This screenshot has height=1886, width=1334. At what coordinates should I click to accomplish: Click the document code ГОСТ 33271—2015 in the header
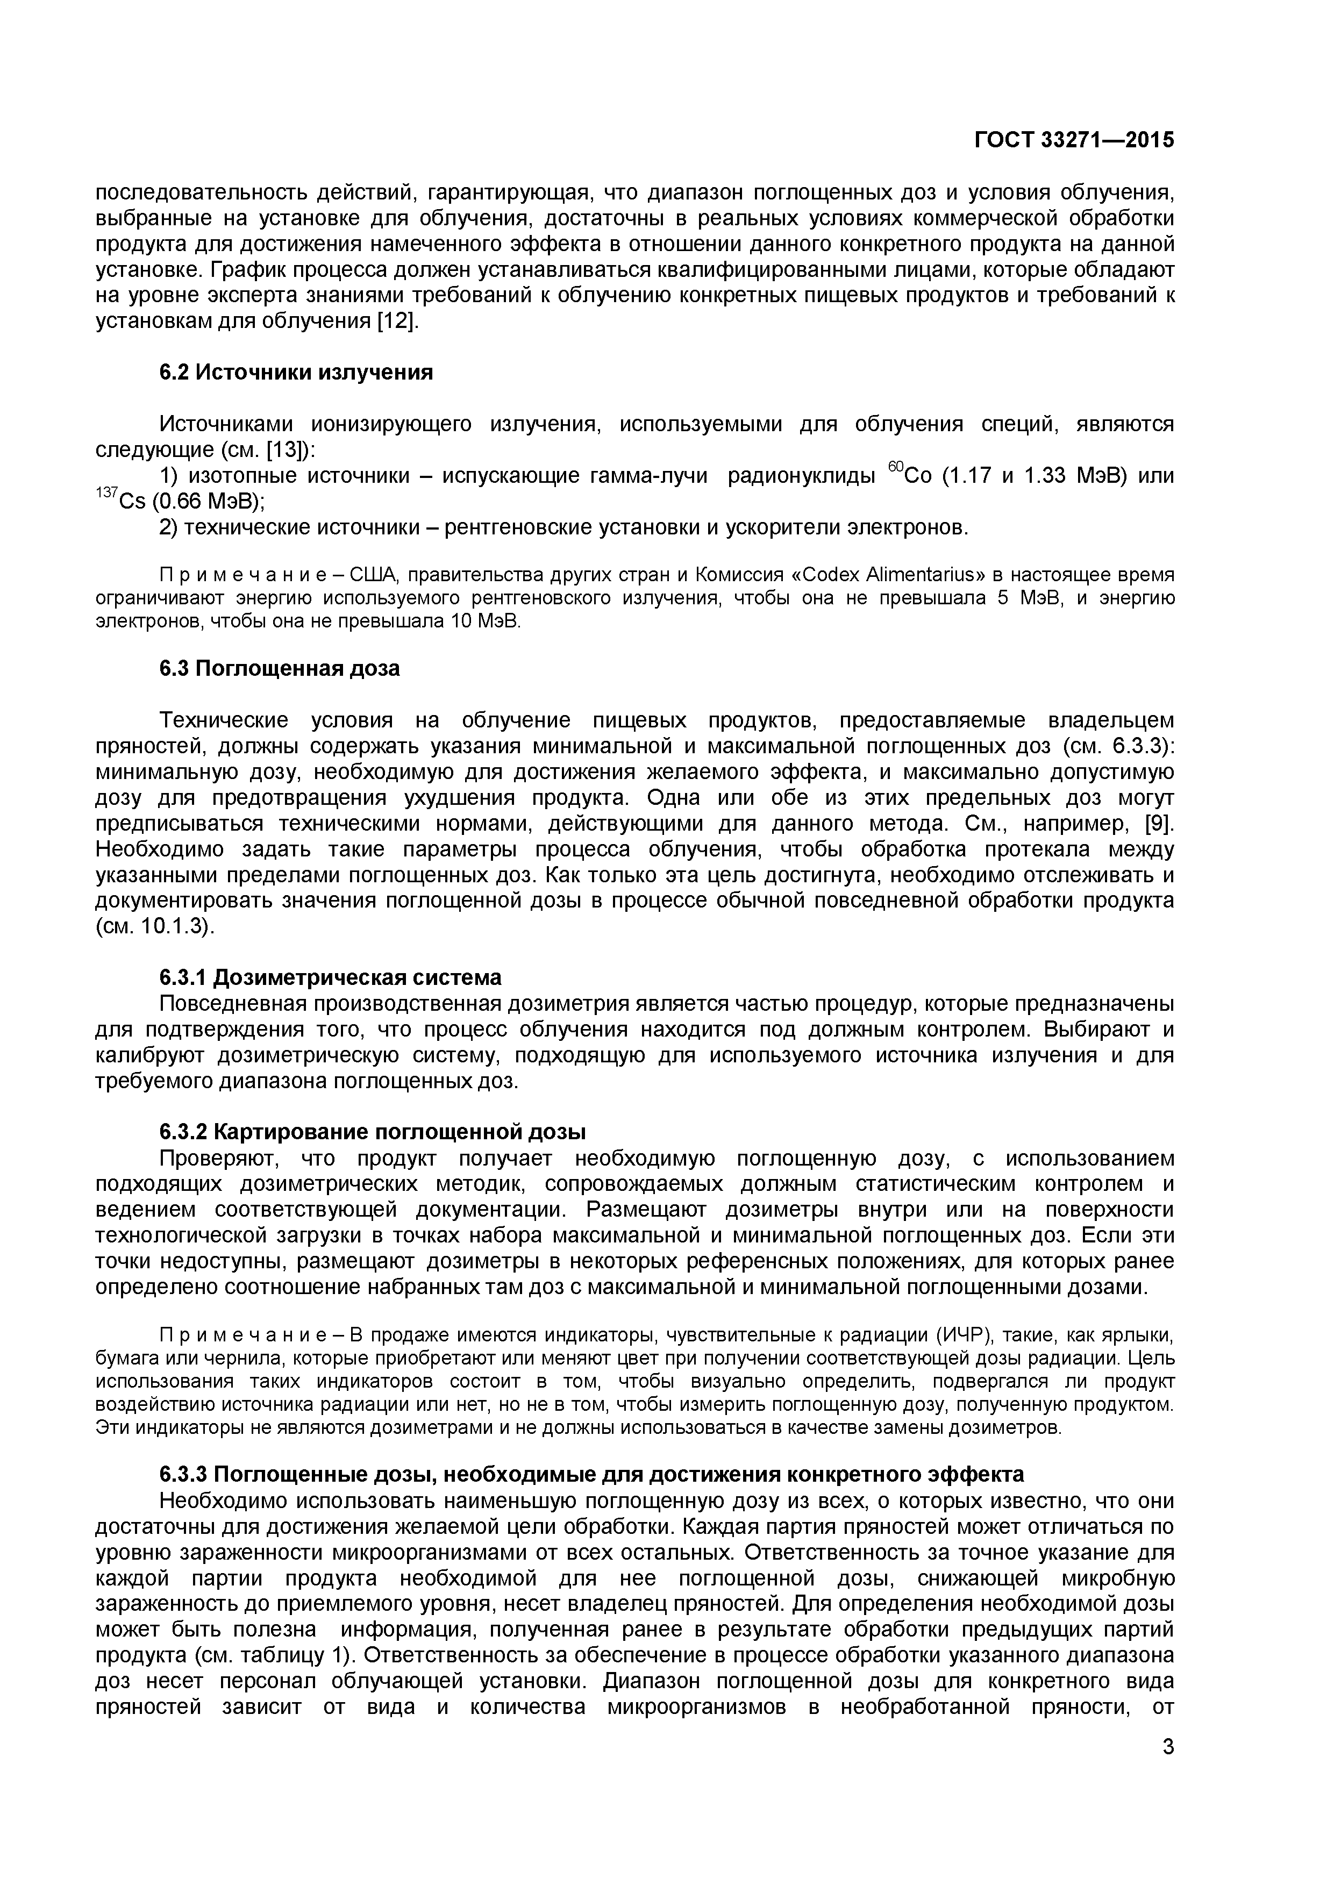tap(1074, 140)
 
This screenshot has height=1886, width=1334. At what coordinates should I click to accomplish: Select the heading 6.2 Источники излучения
tap(296, 373)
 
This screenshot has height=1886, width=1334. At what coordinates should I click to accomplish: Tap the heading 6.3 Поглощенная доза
tap(279, 669)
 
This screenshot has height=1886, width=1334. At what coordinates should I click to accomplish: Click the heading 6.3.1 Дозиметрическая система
tap(330, 977)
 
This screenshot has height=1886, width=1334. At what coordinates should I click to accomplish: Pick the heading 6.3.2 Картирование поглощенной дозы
tap(372, 1132)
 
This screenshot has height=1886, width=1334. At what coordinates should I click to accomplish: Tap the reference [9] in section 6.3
tap(1160, 824)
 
